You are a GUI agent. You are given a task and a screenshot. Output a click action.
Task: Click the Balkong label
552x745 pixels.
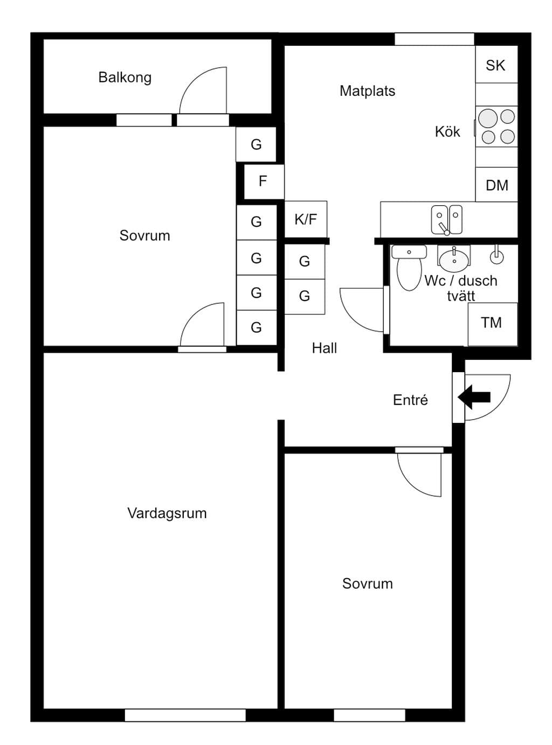pyautogui.click(x=125, y=78)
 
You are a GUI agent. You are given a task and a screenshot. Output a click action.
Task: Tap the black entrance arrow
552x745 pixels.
pyautogui.click(x=474, y=397)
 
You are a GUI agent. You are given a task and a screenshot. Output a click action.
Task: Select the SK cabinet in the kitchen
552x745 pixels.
pyautogui.click(x=496, y=65)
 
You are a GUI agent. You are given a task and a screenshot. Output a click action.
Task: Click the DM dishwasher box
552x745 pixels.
pyautogui.click(x=496, y=184)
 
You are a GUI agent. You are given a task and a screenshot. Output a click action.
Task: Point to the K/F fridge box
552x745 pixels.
pyautogui.click(x=306, y=219)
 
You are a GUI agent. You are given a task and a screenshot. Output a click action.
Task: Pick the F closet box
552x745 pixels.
pyautogui.click(x=264, y=182)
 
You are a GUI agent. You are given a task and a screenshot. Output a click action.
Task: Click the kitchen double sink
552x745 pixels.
pyautogui.click(x=447, y=220)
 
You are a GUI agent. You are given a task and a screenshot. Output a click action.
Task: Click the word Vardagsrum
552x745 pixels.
pyautogui.click(x=167, y=513)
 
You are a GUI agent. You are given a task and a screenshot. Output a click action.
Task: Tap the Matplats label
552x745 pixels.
pyautogui.click(x=367, y=91)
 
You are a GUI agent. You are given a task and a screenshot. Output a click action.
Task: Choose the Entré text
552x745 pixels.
pyautogui.click(x=410, y=400)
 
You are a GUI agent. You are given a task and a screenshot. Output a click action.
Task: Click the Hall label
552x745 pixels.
pyautogui.click(x=324, y=348)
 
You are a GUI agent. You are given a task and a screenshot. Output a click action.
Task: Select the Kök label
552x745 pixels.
pyautogui.click(x=447, y=131)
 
